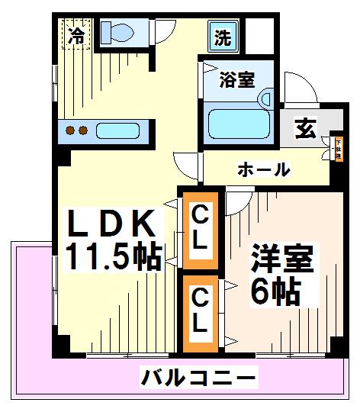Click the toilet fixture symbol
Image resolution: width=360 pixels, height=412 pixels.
pyautogui.click(x=117, y=32)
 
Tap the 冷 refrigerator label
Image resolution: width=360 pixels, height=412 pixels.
pyautogui.click(x=76, y=34)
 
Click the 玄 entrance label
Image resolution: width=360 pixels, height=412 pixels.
pyautogui.click(x=306, y=130)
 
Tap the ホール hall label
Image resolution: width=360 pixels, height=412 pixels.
pyautogui.click(x=263, y=169)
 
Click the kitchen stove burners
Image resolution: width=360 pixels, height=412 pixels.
pyautogui.click(x=76, y=130)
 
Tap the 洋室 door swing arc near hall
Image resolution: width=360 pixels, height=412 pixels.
pyautogui.click(x=238, y=200)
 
